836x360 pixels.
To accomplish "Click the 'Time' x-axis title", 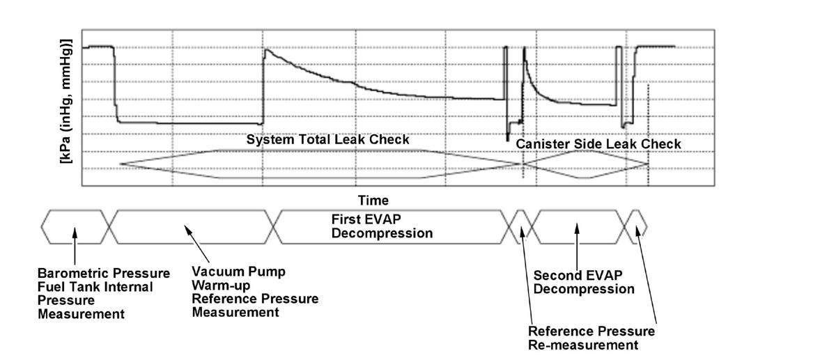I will coord(373,201).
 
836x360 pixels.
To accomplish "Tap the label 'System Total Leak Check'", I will coord(327,140).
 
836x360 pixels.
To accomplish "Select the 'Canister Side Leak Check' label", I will coord(598,144).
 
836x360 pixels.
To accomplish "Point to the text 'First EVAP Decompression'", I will coord(381,226).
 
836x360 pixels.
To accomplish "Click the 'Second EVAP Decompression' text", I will coord(583,282).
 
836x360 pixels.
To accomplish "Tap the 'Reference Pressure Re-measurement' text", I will coord(591,338).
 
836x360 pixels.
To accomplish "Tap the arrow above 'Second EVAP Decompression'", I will coord(577,242).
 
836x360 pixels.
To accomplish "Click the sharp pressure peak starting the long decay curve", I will coord(265,49).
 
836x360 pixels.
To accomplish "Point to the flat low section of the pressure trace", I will coord(188,123).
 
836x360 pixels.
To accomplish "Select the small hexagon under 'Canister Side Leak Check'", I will coord(585,164).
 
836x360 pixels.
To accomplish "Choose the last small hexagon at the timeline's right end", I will coord(637,226).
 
